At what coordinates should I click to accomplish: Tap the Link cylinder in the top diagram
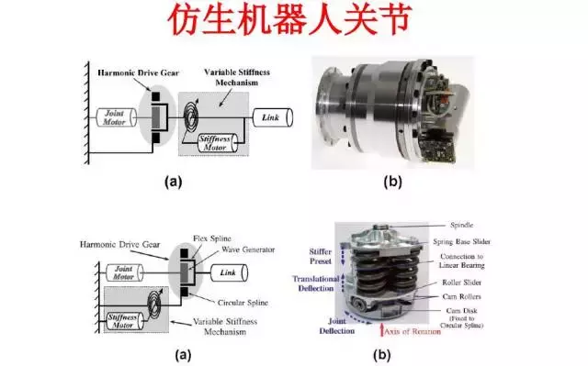click(x=269, y=117)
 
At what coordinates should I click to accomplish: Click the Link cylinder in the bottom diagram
click(x=229, y=273)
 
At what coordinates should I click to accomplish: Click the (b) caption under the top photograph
click(x=392, y=183)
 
